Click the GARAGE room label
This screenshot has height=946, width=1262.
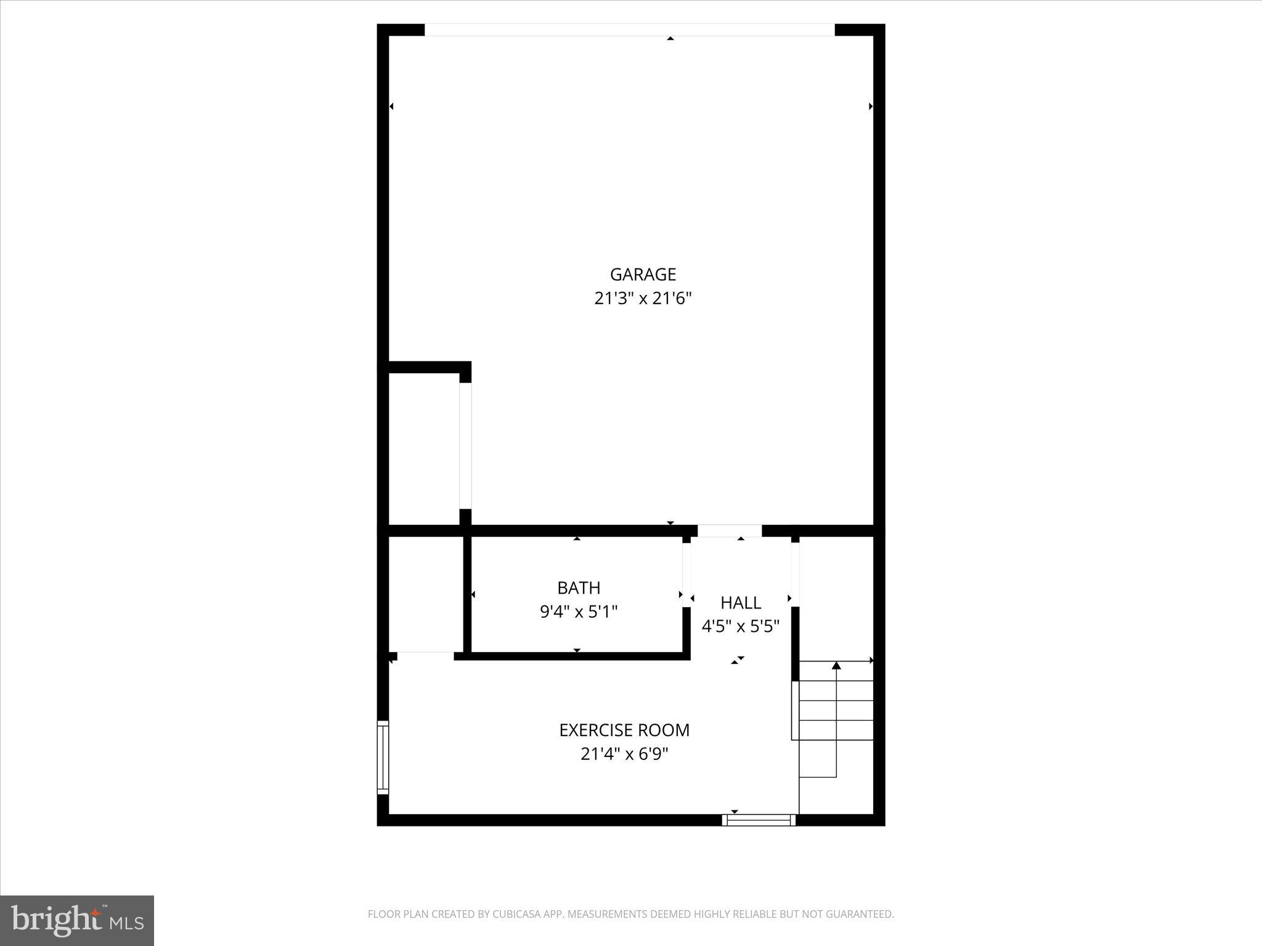click(643, 274)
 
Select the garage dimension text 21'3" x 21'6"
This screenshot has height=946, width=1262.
click(643, 299)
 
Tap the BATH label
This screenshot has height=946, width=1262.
click(579, 588)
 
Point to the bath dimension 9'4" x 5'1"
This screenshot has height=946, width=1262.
click(579, 612)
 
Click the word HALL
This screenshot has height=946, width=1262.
click(741, 602)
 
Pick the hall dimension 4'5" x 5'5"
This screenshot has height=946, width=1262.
click(741, 626)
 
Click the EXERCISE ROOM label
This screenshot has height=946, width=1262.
click(624, 730)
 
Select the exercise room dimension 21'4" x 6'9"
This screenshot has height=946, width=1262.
click(624, 754)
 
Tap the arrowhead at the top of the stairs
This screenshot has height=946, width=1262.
click(836, 665)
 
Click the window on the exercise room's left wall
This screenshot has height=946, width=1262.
click(383, 758)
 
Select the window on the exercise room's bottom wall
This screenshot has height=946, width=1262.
click(759, 820)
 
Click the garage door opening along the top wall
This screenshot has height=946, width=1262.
click(629, 30)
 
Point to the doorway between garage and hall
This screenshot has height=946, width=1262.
click(730, 530)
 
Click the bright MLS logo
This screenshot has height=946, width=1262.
click(77, 920)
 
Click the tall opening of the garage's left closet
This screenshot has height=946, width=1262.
click(465, 446)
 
